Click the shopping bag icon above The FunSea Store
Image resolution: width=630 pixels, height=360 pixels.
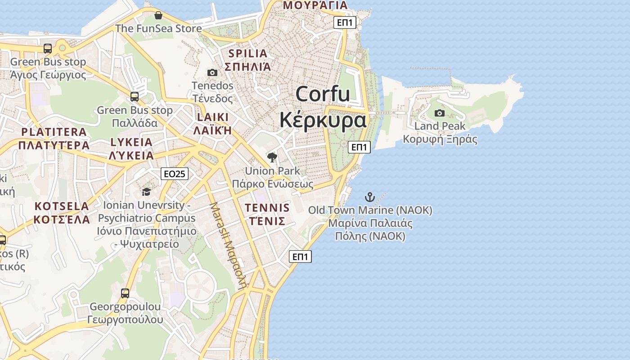click(158, 16)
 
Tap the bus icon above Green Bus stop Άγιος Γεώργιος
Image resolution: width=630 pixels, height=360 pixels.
click(48, 49)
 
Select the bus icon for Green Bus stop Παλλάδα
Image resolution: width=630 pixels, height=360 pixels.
click(135, 97)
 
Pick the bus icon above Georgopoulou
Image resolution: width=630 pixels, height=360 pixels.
click(125, 294)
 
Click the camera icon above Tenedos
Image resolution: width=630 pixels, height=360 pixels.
click(212, 72)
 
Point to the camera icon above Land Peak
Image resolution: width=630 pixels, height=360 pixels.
click(440, 113)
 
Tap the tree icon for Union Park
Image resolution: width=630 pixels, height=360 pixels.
click(272, 157)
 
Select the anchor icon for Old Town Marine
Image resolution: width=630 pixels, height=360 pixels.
click(369, 197)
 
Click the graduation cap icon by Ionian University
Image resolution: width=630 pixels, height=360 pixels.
click(146, 192)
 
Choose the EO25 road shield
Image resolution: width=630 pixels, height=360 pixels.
click(175, 174)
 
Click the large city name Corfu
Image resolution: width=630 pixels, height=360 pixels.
click(323, 94)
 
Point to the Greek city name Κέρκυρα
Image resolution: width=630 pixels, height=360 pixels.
click(323, 120)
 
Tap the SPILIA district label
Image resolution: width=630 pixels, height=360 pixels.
click(248, 54)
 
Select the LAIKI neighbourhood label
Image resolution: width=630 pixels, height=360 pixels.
click(213, 117)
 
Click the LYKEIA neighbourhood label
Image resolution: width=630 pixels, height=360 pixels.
click(131, 142)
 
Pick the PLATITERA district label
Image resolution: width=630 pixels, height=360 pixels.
click(54, 132)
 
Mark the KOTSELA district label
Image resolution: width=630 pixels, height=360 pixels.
click(62, 207)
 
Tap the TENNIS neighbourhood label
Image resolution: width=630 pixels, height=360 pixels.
click(267, 208)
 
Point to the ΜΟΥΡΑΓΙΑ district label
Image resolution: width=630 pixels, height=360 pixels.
click(315, 5)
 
